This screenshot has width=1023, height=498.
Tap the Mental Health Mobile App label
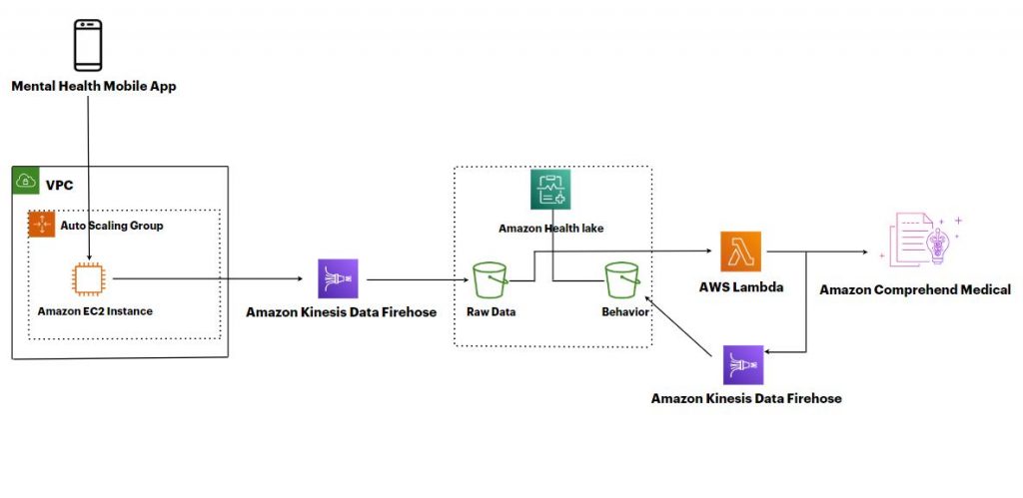(94, 86)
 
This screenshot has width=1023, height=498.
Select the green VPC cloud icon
(25, 182)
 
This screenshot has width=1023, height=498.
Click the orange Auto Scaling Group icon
(42, 225)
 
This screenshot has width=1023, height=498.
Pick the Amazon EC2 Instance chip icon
(88, 279)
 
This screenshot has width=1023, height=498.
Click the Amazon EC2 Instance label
(95, 311)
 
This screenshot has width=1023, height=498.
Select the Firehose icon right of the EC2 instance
(338, 278)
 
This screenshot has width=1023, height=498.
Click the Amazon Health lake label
(550, 229)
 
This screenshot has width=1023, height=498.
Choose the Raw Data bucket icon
(490, 279)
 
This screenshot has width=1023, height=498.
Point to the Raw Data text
(490, 311)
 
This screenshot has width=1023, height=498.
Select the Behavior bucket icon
(620, 279)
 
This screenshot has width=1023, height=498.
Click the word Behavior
(624, 311)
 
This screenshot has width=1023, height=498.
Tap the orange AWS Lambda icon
(740, 251)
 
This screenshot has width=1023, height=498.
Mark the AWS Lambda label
(740, 287)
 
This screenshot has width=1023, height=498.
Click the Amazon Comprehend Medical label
(915, 290)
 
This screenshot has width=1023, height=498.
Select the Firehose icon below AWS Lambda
(743, 365)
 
